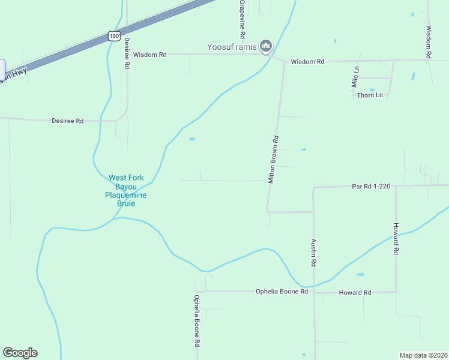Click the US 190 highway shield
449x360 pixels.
(x=114, y=36)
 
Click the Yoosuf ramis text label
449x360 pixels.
(x=232, y=47)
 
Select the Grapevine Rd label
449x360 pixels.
(x=241, y=19)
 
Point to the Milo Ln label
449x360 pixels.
(x=356, y=77)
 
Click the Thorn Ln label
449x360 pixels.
(x=370, y=95)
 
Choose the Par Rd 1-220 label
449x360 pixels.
(x=371, y=187)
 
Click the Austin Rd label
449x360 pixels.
(x=313, y=252)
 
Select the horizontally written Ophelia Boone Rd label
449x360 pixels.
(x=282, y=292)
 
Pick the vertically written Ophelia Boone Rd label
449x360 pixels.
(x=196, y=321)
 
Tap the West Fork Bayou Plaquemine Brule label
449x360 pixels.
(x=126, y=191)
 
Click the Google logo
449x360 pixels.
(x=20, y=353)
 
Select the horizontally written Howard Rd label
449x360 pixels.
(x=355, y=292)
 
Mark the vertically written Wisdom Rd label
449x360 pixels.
(x=428, y=41)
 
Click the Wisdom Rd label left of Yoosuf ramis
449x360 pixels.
(x=149, y=55)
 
